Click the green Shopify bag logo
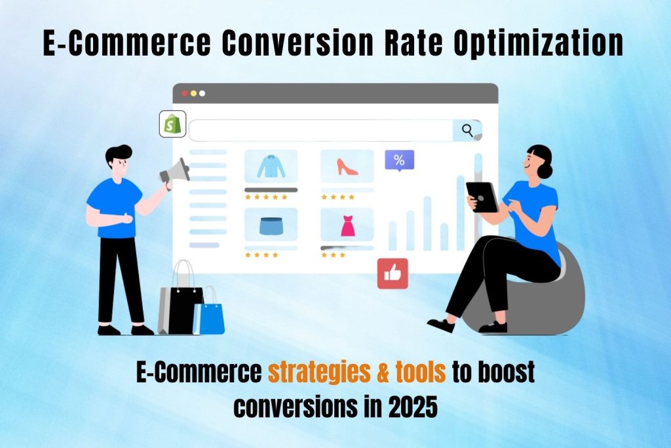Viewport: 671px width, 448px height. coord(172,124)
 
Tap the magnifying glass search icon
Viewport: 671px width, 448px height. coord(467,131)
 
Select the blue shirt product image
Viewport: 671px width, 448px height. coord(271,166)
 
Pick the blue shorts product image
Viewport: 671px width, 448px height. coord(271,225)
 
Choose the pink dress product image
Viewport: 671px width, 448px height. coord(347,225)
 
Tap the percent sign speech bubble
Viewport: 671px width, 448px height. coord(399,161)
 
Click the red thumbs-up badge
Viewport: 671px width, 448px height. coord(393,274)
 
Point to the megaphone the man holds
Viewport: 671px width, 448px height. coord(175,173)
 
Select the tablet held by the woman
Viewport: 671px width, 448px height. coord(482,197)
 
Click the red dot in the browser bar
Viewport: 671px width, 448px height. coord(185,93)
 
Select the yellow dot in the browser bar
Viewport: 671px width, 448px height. coord(193,93)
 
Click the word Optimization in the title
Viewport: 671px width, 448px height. coord(539,43)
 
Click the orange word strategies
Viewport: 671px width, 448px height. coord(319,371)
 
